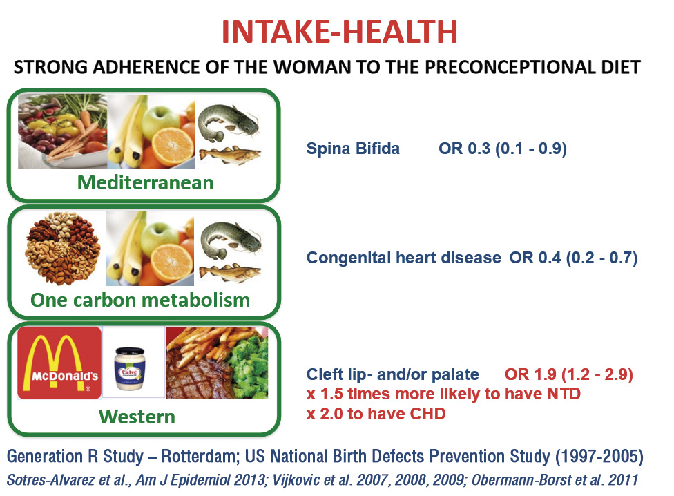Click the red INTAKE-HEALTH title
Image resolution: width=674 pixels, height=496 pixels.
(339, 32)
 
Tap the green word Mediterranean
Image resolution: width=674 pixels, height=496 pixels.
(145, 182)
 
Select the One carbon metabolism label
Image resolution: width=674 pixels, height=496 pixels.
(140, 300)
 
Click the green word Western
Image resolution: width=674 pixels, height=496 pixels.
(137, 417)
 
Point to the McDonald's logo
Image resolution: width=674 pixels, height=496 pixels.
(59, 363)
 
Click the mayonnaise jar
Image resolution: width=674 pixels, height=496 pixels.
(130, 369)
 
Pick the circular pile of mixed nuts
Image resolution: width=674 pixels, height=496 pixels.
(63, 249)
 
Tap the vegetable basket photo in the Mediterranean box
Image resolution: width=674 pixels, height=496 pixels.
(62, 131)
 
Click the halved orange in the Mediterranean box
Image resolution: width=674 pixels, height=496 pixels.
(173, 147)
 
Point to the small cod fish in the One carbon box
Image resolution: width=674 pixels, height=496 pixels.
(229, 272)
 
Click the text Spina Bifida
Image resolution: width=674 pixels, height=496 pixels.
(353, 149)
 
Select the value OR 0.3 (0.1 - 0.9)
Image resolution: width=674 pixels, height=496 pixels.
(503, 149)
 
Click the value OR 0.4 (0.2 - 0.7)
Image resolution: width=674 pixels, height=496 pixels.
(573, 258)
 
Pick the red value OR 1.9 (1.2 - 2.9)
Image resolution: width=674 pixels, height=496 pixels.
(569, 374)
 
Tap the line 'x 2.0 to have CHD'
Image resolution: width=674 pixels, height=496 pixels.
(376, 414)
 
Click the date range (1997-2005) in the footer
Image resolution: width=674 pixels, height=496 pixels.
(599, 457)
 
